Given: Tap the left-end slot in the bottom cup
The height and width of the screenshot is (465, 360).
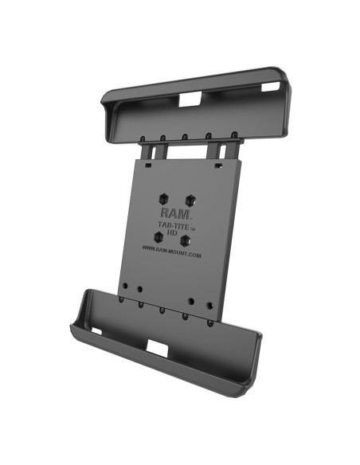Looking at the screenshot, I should tap(96, 329).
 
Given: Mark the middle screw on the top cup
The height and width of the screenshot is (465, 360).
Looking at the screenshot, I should tap(184, 136).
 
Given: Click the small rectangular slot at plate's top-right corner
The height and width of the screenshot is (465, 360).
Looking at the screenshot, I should tap(217, 165).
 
